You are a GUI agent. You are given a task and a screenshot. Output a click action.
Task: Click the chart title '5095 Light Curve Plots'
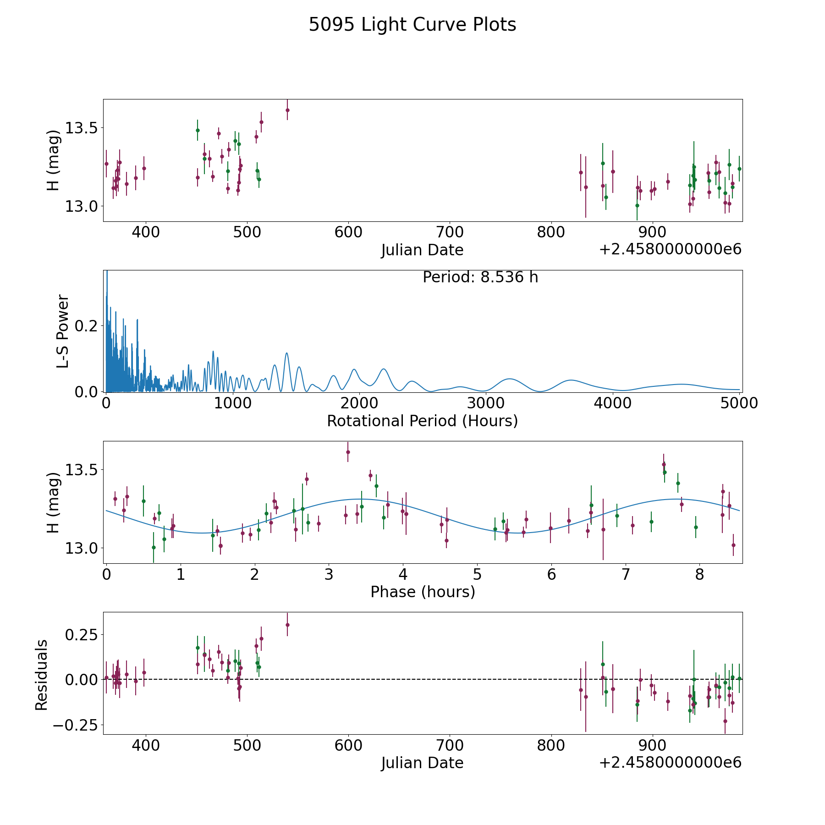[x=412, y=25]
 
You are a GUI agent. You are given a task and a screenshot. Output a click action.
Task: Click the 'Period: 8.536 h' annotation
[x=480, y=277]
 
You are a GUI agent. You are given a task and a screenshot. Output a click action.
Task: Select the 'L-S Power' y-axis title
[x=63, y=331]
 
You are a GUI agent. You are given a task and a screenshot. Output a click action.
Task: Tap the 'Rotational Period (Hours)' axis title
[x=422, y=421]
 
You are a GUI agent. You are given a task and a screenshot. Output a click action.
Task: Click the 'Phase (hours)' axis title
[x=423, y=592]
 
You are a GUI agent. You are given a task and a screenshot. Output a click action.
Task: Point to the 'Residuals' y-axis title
[x=42, y=675]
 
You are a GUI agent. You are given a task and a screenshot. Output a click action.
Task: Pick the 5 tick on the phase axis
[x=477, y=574]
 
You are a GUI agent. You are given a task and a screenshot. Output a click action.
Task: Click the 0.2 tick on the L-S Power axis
[x=87, y=326]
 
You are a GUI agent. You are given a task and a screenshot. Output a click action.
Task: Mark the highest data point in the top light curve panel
[x=287, y=110]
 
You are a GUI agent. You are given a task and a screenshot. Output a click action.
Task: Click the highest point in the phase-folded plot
[x=348, y=452]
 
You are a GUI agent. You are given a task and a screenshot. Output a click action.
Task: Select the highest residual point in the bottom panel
[x=287, y=625]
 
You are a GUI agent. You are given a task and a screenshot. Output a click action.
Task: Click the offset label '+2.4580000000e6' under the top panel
[x=670, y=249]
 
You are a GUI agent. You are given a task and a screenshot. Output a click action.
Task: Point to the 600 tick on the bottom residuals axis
[x=348, y=745]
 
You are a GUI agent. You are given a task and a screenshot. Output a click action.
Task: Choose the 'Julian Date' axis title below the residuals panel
[x=422, y=763]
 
